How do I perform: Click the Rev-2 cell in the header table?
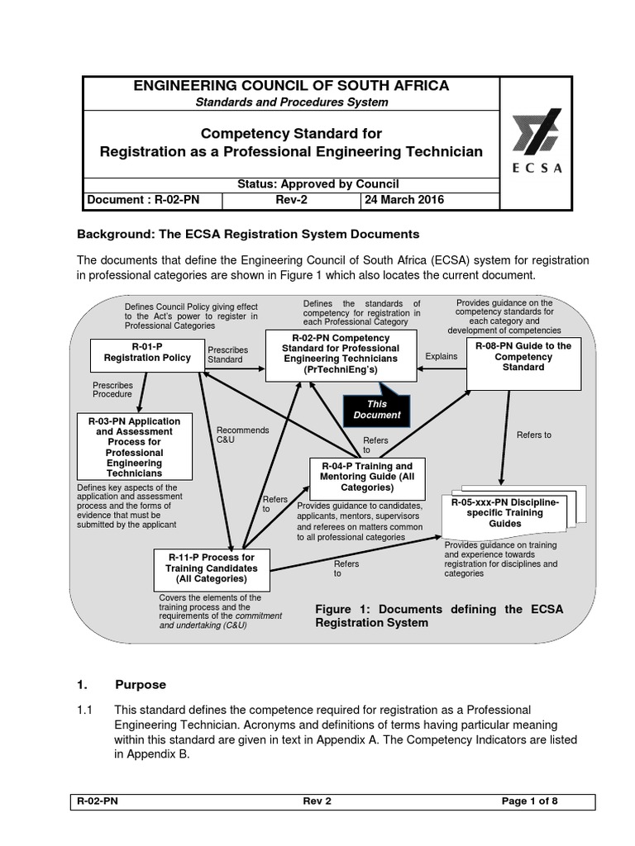(291, 200)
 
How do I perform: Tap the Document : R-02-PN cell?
(141, 200)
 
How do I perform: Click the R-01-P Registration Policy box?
(142, 354)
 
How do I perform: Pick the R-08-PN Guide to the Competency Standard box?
(518, 357)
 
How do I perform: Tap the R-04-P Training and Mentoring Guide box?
(367, 477)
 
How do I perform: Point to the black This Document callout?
(377, 410)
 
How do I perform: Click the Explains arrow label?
(440, 355)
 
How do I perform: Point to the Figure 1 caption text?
(438, 615)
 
